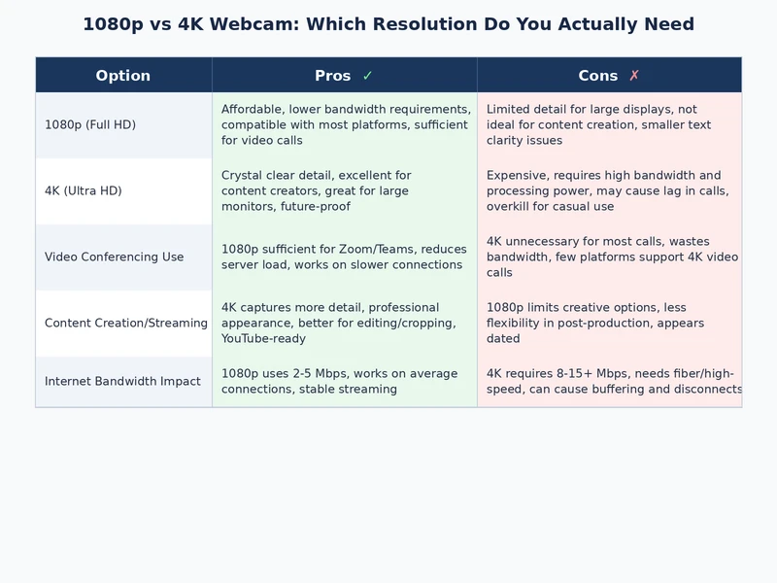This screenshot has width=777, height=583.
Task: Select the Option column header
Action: coord(123,76)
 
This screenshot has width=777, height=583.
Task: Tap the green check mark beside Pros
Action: coord(367,76)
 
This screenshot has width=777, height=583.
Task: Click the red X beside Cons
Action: coord(634,76)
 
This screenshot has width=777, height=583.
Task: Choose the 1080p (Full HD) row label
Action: coord(90,125)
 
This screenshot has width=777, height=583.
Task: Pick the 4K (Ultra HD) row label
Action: coord(84,191)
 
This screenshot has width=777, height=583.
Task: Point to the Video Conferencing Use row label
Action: coord(114,257)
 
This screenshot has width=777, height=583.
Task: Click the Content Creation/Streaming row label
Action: coord(126,324)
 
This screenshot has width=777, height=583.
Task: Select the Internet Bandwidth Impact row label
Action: coord(122,382)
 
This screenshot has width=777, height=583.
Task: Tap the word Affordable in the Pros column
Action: coord(252,110)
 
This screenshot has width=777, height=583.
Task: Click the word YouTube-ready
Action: coord(264,339)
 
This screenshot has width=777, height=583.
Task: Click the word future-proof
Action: coord(316,207)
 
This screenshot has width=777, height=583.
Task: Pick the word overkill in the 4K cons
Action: coord(511,207)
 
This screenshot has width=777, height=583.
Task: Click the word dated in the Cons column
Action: coord(503,339)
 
